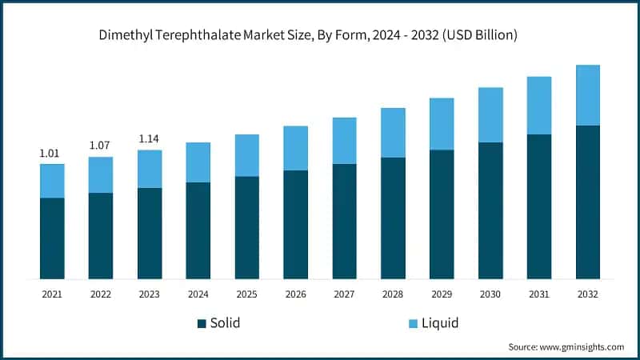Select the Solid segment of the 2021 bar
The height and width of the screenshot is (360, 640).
pos(52,238)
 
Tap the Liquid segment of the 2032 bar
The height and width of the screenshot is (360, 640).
pos(588,95)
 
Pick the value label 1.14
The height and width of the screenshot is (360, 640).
pos(150,138)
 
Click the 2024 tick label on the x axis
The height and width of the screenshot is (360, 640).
pos(198,294)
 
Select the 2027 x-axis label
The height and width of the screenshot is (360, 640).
pos(344,294)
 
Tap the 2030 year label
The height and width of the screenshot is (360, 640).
pos(490,294)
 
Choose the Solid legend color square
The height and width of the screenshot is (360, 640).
pos(202,324)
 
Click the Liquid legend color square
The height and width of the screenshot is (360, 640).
pos(414,324)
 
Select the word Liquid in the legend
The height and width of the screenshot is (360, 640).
pos(441,323)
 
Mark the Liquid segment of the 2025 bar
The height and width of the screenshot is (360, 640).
pos(247,155)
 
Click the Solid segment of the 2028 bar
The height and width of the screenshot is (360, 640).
pos(393,218)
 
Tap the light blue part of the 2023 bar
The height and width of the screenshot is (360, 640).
pos(150,169)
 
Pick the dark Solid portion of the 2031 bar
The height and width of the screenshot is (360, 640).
pos(539,206)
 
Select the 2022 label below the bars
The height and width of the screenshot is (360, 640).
pos(101,294)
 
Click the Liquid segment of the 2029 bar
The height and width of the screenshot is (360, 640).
pos(442,124)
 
